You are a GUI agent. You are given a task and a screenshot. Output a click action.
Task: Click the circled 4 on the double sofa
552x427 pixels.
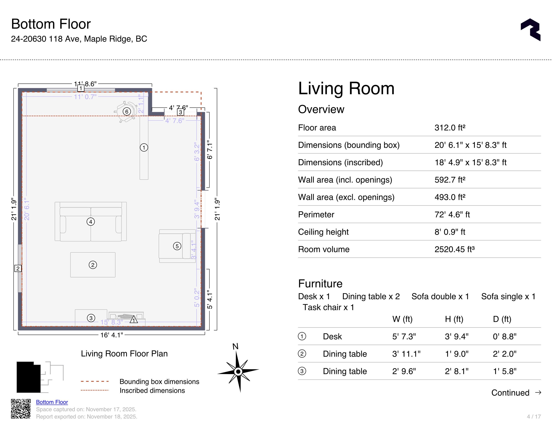[x=91, y=222]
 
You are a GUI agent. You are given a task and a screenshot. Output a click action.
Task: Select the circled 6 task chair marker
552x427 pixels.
[x=127, y=111]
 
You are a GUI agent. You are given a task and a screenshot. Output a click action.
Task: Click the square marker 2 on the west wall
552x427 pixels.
[x=18, y=268]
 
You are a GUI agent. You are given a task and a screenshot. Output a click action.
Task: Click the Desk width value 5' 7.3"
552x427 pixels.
[x=404, y=336]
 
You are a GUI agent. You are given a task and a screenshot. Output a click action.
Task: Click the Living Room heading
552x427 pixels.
[x=346, y=89]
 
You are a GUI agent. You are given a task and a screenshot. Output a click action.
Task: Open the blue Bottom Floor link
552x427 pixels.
[x=52, y=402]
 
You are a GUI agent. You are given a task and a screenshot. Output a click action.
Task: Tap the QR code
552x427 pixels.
[x=21, y=409]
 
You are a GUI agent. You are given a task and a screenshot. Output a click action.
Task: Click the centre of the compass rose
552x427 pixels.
[x=238, y=371]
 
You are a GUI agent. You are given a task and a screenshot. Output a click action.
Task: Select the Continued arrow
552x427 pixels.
[x=538, y=392]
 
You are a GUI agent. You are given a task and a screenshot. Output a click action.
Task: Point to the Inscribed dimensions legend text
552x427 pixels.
[x=152, y=390]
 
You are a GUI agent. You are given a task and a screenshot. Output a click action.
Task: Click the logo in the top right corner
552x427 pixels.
[x=531, y=30]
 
